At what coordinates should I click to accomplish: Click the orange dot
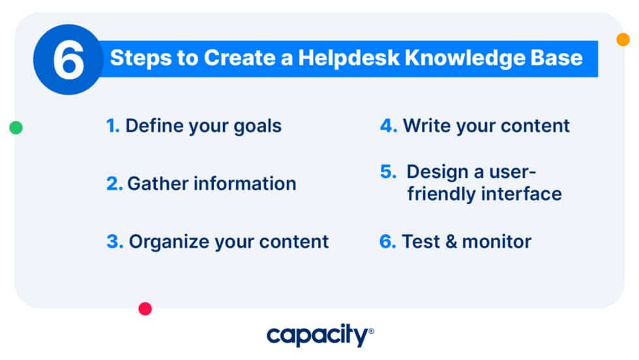click(x=623, y=40)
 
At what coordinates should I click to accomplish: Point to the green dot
click(x=16, y=128)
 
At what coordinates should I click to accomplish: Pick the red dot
click(x=145, y=308)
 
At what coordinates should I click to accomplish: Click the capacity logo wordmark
click(x=319, y=336)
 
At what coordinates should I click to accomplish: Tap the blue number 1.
click(x=112, y=125)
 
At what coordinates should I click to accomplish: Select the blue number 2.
click(x=113, y=184)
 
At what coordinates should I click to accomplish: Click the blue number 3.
click(x=113, y=242)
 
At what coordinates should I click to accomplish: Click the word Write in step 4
click(x=424, y=125)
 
